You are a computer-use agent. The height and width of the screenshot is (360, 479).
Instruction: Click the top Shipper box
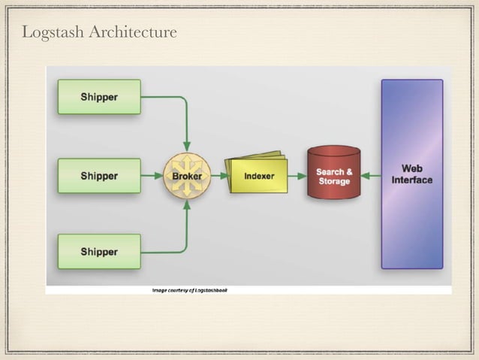click(x=99, y=97)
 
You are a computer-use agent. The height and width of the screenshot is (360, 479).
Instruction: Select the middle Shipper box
click(x=99, y=176)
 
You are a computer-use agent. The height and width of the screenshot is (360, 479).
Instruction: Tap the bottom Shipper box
click(x=99, y=252)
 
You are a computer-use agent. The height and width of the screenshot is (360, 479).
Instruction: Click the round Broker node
click(x=186, y=176)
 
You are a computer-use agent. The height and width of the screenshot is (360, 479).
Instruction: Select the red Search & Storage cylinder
click(x=334, y=174)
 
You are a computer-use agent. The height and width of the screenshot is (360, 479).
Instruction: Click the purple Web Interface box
click(x=411, y=174)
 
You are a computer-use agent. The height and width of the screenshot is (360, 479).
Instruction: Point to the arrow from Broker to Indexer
click(x=217, y=176)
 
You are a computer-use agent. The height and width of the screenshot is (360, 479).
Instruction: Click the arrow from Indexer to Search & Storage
click(x=296, y=176)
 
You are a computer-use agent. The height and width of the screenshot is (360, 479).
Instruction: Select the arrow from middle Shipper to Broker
click(x=152, y=176)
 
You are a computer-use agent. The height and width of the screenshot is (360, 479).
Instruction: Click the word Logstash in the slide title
click(x=53, y=32)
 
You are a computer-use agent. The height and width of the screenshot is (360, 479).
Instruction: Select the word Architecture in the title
click(x=132, y=32)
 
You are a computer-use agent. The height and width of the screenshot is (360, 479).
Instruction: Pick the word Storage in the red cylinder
click(x=334, y=182)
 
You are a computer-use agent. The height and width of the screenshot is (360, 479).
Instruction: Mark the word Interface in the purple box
click(x=411, y=180)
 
